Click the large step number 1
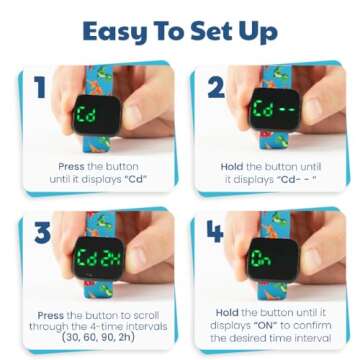click(x=39, y=88)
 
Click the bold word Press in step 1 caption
click(x=71, y=166)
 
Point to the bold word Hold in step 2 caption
click(x=232, y=166)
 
